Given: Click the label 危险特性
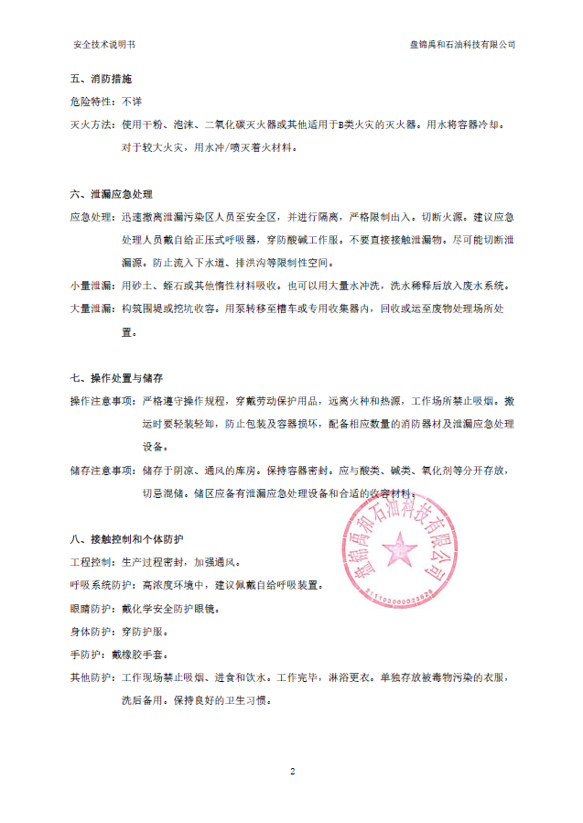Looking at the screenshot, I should point(92,102).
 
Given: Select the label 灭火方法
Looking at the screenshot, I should point(92,124).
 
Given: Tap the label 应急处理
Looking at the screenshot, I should point(92,218).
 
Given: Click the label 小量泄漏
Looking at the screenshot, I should point(92,287).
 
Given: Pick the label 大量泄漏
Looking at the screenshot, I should point(92,309).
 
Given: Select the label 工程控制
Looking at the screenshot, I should point(92,561).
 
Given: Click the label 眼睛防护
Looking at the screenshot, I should point(92,608).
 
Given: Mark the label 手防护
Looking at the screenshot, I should point(88,655).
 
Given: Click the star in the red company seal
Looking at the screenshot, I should point(400,551).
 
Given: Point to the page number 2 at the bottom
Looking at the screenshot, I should point(292,772).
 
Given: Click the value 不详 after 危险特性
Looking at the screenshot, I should point(132,102).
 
